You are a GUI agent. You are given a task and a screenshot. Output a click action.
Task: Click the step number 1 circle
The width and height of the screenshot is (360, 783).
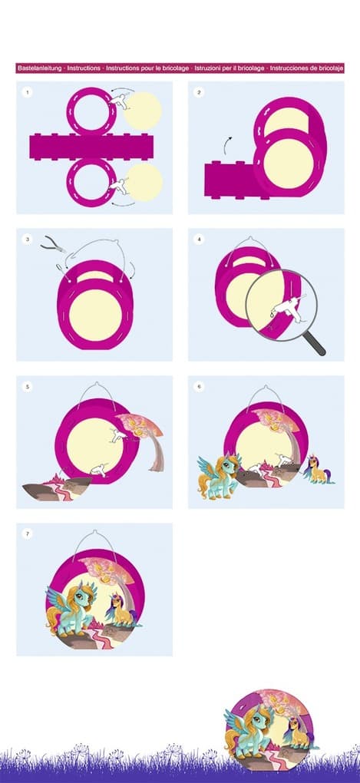(27, 92)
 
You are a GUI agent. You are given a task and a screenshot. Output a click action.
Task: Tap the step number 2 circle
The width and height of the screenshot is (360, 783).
(199, 92)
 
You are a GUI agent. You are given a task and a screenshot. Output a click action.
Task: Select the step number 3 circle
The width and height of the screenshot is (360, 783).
(27, 240)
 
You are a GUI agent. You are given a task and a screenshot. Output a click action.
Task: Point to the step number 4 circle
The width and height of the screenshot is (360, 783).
(199, 240)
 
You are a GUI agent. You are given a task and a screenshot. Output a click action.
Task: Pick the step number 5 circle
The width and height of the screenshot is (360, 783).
(27, 386)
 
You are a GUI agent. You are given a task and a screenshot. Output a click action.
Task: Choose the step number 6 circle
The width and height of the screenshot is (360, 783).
(199, 386)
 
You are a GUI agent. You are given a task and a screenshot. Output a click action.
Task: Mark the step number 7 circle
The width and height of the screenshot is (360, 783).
(27, 534)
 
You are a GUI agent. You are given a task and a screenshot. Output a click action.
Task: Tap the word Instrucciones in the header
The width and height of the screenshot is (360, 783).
(289, 68)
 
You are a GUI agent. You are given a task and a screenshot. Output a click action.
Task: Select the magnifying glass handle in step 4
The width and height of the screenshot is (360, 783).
(315, 345)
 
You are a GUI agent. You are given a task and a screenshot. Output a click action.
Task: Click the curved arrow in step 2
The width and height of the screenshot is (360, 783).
(227, 145)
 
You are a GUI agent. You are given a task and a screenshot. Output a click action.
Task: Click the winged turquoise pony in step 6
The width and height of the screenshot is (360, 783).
(218, 475)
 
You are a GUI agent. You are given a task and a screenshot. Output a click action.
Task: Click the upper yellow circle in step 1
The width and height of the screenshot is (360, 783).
(142, 111)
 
